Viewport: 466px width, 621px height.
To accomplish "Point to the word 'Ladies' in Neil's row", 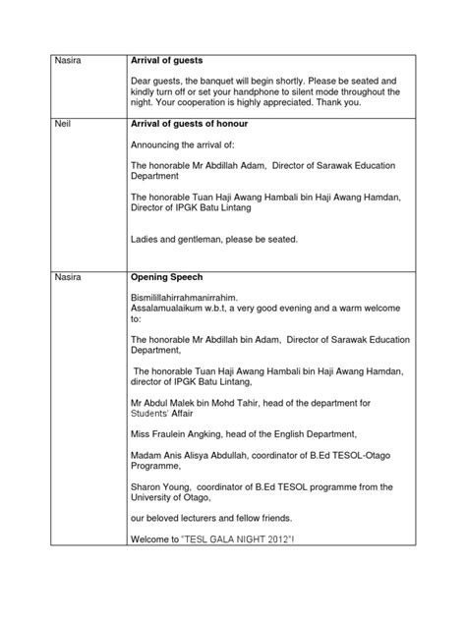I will (x=145, y=238).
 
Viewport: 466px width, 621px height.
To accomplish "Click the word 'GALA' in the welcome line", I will (x=251, y=539).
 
